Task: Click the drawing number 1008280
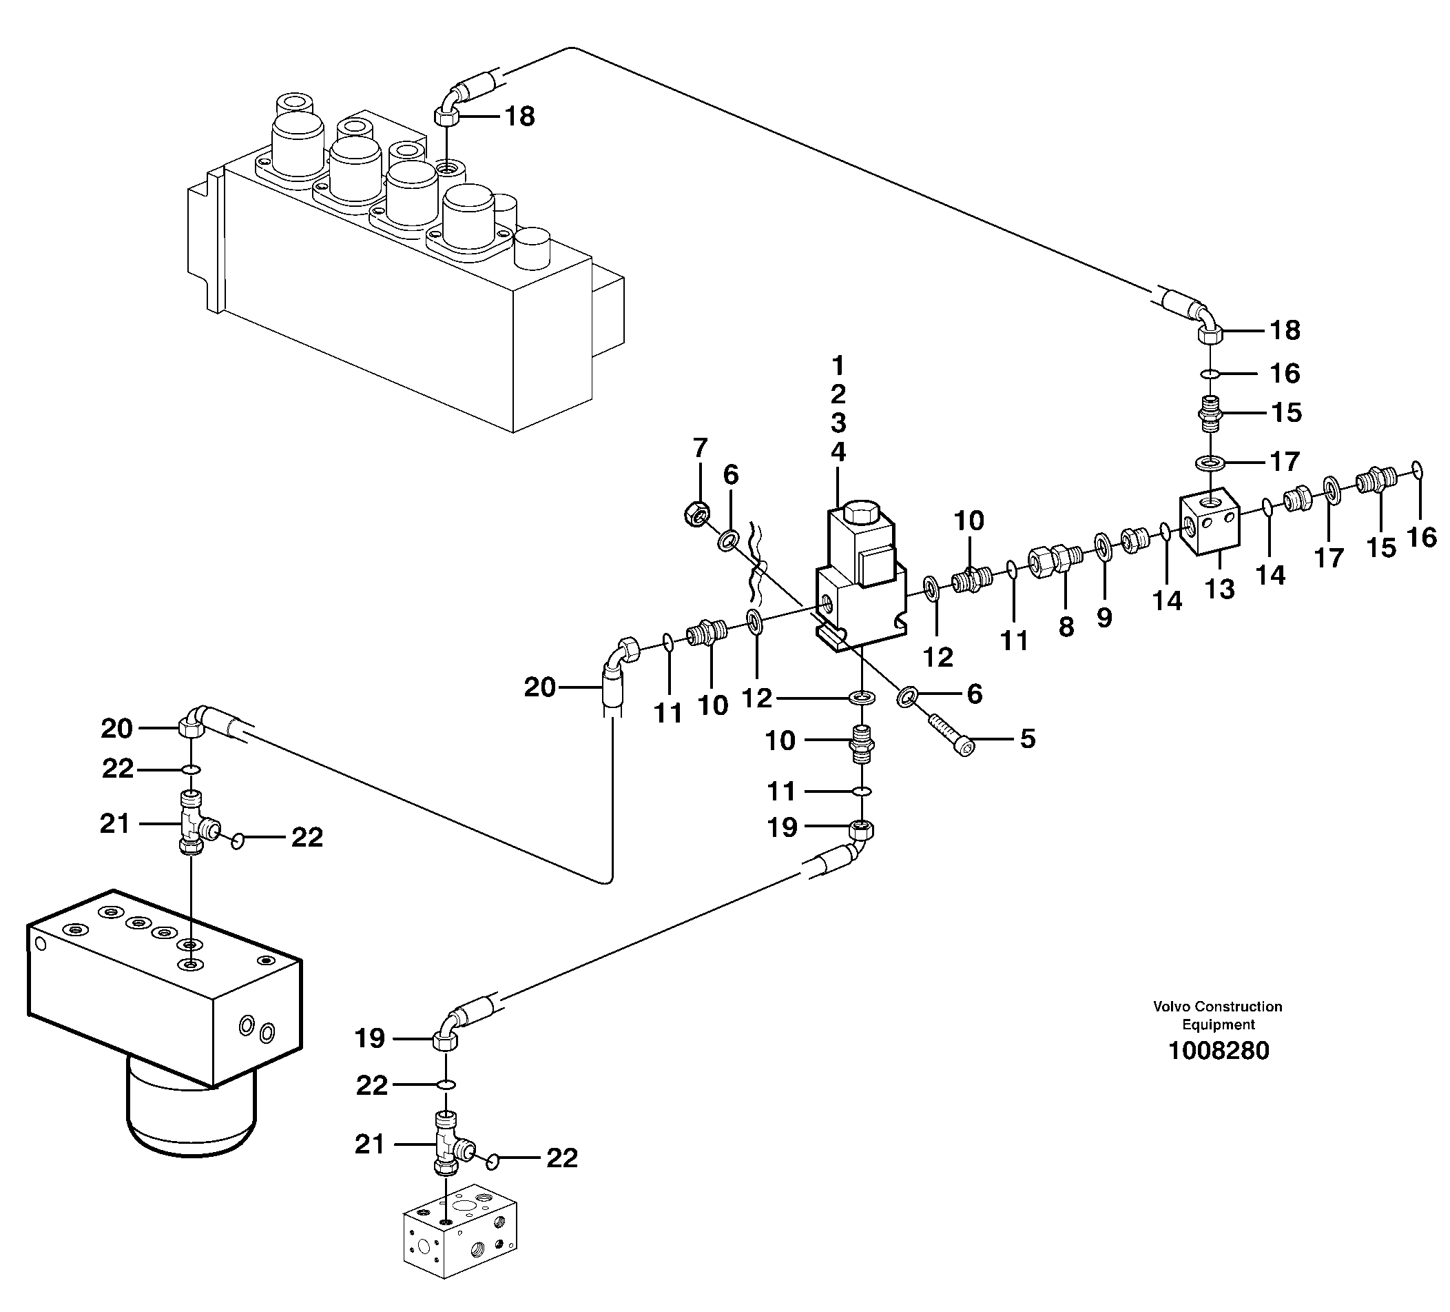[x=1219, y=1051]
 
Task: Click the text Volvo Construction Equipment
[x=1218, y=1016]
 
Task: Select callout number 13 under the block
[x=1219, y=589]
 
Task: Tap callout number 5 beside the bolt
[x=1027, y=738]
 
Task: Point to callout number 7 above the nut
[x=700, y=447]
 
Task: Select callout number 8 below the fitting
[x=1066, y=626]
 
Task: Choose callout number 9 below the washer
[x=1104, y=617]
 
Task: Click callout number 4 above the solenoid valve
[x=838, y=452]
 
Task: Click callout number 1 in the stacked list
[x=838, y=366]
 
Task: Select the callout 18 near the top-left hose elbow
[x=519, y=116]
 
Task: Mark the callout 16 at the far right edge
[x=1421, y=537]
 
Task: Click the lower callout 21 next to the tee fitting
[x=370, y=1144]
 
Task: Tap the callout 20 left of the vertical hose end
[x=539, y=687]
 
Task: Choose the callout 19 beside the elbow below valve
[x=783, y=827]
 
